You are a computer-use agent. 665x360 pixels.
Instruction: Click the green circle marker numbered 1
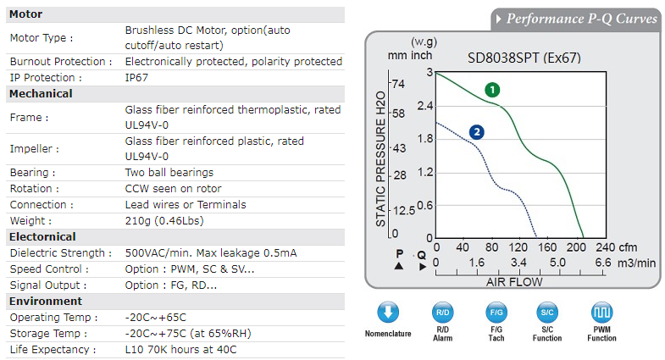tap(492, 89)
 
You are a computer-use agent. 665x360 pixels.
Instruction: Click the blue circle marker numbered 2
tap(477, 131)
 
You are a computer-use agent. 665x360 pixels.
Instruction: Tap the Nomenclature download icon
tap(388, 312)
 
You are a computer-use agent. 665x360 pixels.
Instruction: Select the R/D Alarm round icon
tap(442, 312)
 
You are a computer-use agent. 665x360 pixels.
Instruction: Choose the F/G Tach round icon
tap(496, 312)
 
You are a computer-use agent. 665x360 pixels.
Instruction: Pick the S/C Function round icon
tap(547, 312)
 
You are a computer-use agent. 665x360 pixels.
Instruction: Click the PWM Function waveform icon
tap(601, 312)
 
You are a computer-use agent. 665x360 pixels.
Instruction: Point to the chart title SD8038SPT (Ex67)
tap(524, 58)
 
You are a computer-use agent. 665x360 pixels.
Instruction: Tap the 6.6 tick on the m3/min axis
tap(602, 263)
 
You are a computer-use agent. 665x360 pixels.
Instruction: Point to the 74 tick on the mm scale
tap(397, 83)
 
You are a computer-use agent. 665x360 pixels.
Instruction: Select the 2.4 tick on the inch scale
tap(424, 106)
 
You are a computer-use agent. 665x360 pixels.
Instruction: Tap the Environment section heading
tap(46, 301)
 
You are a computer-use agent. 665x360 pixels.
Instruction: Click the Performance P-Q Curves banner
tap(580, 19)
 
